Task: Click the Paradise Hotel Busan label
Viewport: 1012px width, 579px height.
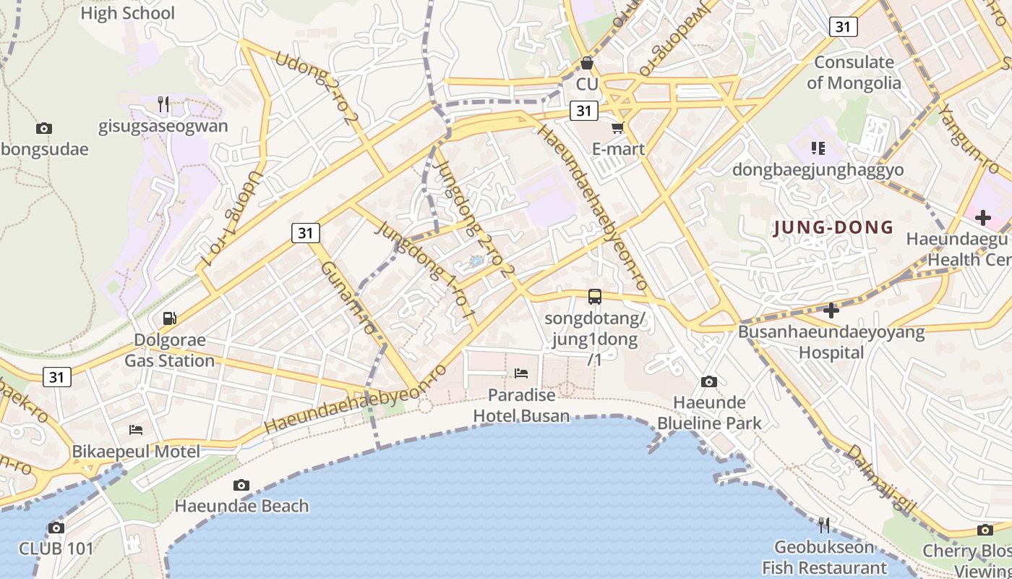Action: pos(521,405)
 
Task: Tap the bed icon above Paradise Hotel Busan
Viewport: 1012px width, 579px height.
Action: pos(521,373)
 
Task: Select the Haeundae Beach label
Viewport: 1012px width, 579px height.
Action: pos(241,506)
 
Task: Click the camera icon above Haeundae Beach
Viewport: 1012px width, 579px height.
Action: pos(241,485)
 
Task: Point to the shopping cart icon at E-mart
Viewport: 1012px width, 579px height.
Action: pos(617,128)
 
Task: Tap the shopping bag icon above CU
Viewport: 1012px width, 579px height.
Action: pos(587,64)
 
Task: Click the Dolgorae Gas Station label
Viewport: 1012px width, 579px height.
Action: pos(170,350)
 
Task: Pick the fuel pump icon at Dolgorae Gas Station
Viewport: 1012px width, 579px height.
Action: pos(170,318)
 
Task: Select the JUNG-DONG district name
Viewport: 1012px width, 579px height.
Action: pos(833,228)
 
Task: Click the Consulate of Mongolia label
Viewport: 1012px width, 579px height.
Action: pos(854,72)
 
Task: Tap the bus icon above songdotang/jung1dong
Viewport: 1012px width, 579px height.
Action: pos(595,296)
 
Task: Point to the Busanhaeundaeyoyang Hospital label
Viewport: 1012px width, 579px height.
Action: pos(831,342)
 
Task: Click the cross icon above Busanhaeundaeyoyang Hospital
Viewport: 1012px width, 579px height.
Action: pos(831,310)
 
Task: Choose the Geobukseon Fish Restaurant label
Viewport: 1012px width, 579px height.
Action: pos(824,557)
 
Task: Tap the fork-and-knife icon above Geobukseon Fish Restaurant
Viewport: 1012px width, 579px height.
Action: pos(824,524)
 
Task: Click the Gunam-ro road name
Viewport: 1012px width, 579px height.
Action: pos(348,297)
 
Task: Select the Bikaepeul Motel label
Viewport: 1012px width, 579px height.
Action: pos(136,452)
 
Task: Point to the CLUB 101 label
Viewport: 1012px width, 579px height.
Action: pos(56,549)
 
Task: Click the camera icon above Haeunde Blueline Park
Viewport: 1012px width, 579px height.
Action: pos(709,381)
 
